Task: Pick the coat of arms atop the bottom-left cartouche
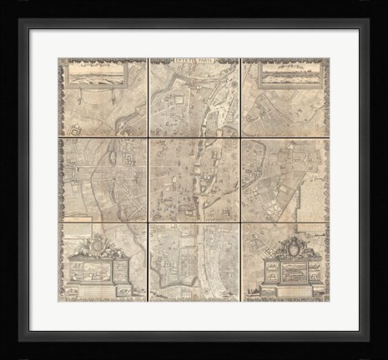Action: [x=98, y=245]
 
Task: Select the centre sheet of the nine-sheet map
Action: [x=194, y=179]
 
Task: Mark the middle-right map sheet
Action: [x=285, y=179]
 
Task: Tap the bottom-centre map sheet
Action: [x=194, y=261]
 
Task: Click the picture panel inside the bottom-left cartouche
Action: [x=98, y=272]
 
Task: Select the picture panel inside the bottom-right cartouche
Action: [x=292, y=272]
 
